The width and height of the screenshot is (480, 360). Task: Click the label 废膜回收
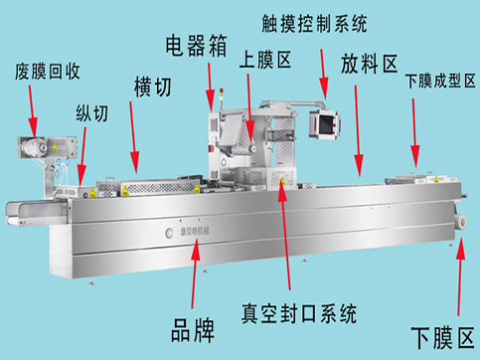(48, 72)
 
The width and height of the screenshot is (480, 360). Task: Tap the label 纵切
(92, 113)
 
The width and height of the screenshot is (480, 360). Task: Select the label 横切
(153, 88)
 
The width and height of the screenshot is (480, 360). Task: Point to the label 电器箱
(197, 46)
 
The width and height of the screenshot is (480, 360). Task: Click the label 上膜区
(265, 60)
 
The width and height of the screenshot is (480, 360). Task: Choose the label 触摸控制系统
(314, 24)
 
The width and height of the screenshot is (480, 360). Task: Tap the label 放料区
(369, 64)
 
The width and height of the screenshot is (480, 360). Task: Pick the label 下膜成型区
(440, 82)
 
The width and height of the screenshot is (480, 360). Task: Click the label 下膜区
(442, 337)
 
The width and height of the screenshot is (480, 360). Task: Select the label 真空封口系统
(299, 313)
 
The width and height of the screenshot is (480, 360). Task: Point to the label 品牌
(193, 330)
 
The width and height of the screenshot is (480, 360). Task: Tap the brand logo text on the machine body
(195, 231)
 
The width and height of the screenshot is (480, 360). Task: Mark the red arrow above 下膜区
(460, 276)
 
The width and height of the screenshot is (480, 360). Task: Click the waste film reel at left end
(32, 148)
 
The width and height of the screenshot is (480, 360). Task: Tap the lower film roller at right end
(461, 222)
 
